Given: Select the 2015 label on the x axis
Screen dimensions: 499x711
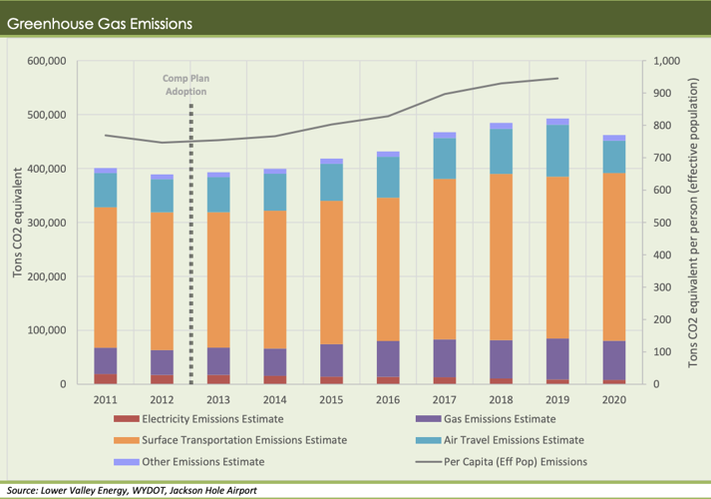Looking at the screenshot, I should (332, 400).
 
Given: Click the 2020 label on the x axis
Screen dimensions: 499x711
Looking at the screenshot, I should (616, 400).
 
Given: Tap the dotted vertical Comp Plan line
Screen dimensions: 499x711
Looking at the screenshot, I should (190, 249).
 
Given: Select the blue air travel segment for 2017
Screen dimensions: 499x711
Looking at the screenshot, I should (445, 159).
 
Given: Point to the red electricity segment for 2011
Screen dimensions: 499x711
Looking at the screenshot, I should (105, 378).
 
